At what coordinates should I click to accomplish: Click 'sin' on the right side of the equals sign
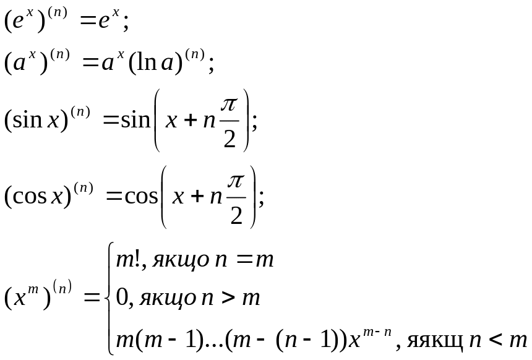[136, 119]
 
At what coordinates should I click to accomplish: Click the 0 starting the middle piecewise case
[122, 299]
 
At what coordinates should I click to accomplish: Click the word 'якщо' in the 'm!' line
[165, 261]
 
